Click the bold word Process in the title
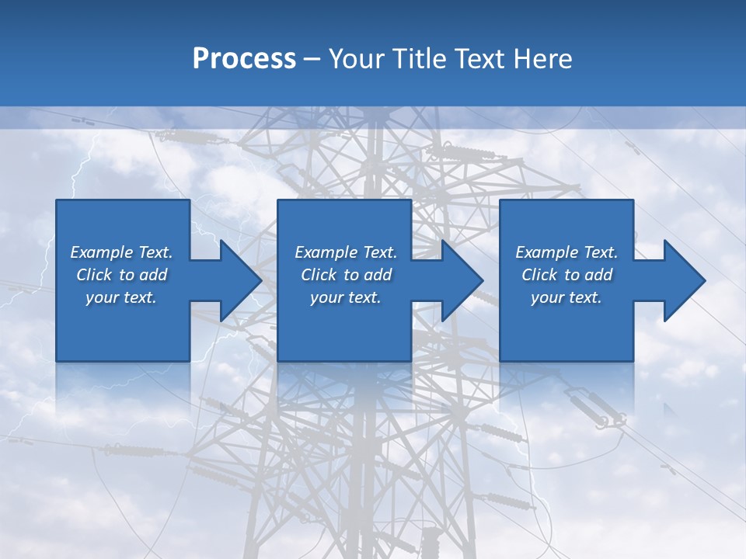pos(244,59)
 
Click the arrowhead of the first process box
pos(238,280)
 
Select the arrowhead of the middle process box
pos(460,280)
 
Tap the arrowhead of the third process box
pos(682,280)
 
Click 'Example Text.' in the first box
pos(121,252)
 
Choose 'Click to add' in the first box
pos(121,275)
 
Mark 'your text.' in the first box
pos(121,297)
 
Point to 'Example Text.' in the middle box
pos(346,252)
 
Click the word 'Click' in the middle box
pos(318,275)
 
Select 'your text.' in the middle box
pos(346,297)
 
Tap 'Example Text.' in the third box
pos(566,252)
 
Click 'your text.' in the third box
pos(566,297)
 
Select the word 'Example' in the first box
pos(102,252)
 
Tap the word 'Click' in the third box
pos(539,275)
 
